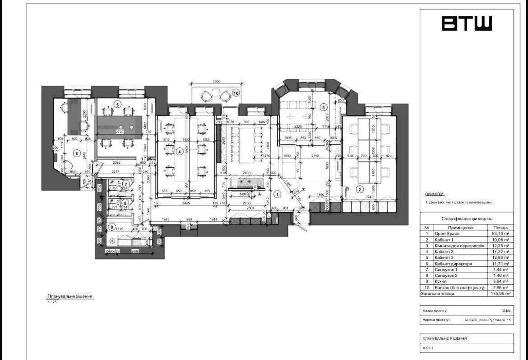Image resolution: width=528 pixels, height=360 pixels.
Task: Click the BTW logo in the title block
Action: point(466,24)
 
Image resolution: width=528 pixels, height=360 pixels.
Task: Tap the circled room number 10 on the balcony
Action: point(236,93)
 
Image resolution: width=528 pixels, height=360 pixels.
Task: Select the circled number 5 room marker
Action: point(117,104)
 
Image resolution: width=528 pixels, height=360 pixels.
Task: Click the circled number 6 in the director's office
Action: point(76,154)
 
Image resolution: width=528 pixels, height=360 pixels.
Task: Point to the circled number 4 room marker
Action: point(179,152)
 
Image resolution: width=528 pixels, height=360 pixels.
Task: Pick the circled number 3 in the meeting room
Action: point(323,107)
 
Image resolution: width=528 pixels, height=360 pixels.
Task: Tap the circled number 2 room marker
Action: point(359,190)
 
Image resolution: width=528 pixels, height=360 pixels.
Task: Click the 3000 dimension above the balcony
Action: point(216,81)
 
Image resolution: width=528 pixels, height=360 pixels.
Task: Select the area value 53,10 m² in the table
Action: point(499,234)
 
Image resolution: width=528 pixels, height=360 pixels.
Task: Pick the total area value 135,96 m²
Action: point(500,293)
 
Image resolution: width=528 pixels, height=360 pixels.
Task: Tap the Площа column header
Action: point(499,228)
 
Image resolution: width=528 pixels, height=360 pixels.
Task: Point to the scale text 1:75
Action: point(51,302)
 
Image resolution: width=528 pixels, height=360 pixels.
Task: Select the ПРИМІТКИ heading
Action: point(435,194)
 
